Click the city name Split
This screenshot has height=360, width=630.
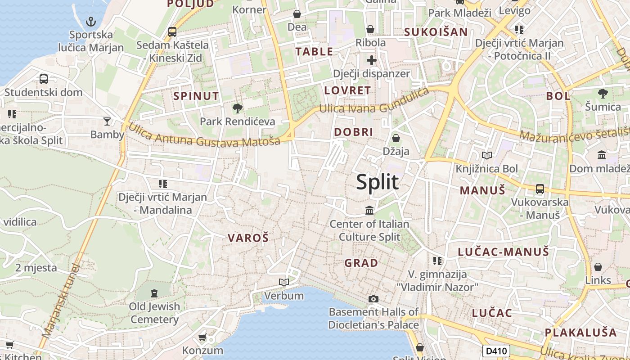pyautogui.click(x=377, y=182)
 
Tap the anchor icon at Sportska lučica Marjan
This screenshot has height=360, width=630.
pyautogui.click(x=91, y=21)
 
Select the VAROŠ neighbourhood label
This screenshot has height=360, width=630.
pyautogui.click(x=248, y=238)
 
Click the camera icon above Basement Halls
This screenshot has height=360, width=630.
pyautogui.click(x=373, y=299)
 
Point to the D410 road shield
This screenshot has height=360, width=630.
pyautogui.click(x=496, y=351)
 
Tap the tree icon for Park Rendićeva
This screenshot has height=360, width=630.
pyautogui.click(x=237, y=108)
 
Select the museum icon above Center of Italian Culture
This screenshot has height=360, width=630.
pyautogui.click(x=369, y=210)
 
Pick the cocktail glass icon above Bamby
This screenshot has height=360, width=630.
pyautogui.click(x=107, y=121)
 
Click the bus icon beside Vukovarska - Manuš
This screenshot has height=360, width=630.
pyautogui.click(x=540, y=189)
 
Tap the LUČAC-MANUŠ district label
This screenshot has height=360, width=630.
pyautogui.click(x=504, y=252)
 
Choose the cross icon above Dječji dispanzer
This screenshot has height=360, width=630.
pyautogui.click(x=371, y=60)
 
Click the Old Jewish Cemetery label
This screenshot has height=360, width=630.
pyautogui.click(x=154, y=313)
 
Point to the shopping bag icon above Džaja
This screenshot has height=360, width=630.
pyautogui.click(x=396, y=138)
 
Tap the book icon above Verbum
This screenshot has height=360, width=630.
pyautogui.click(x=283, y=282)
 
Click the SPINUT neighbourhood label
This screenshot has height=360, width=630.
pyautogui.click(x=196, y=96)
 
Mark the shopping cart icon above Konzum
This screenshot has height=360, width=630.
pyautogui.click(x=202, y=337)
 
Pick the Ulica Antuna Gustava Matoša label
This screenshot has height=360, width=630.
pyautogui.click(x=205, y=135)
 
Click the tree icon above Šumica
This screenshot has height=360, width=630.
pyautogui.click(x=603, y=94)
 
